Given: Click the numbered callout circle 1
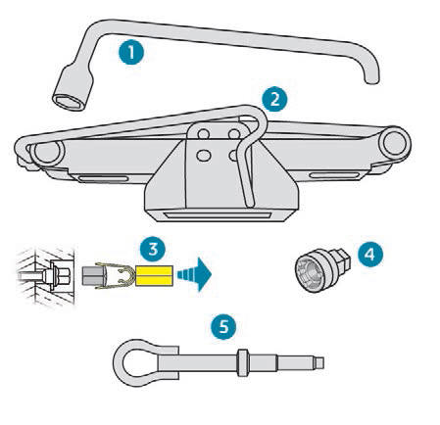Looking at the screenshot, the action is (x=131, y=52).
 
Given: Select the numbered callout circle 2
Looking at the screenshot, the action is (x=274, y=99).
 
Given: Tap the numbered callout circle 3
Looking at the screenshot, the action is (x=153, y=249).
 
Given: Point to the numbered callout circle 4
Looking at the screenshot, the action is (x=370, y=254).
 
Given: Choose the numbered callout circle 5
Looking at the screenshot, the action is (x=223, y=326).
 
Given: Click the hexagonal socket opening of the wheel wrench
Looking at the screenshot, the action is (x=69, y=102).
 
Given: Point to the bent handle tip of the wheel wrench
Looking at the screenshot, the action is (x=371, y=78).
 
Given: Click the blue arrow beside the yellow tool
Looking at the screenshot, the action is (x=194, y=274).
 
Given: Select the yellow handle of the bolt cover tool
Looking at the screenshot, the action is (x=154, y=275).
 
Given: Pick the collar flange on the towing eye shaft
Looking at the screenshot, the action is (x=242, y=362).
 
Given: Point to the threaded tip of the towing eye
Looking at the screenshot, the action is (x=318, y=362).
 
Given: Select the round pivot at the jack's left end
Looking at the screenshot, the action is (x=48, y=151).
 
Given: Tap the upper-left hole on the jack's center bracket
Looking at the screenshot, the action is (x=203, y=134).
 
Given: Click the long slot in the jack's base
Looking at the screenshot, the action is (x=217, y=215).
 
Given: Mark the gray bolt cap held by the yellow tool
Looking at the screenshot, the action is (x=94, y=276).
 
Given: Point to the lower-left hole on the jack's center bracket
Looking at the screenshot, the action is (x=203, y=155).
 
